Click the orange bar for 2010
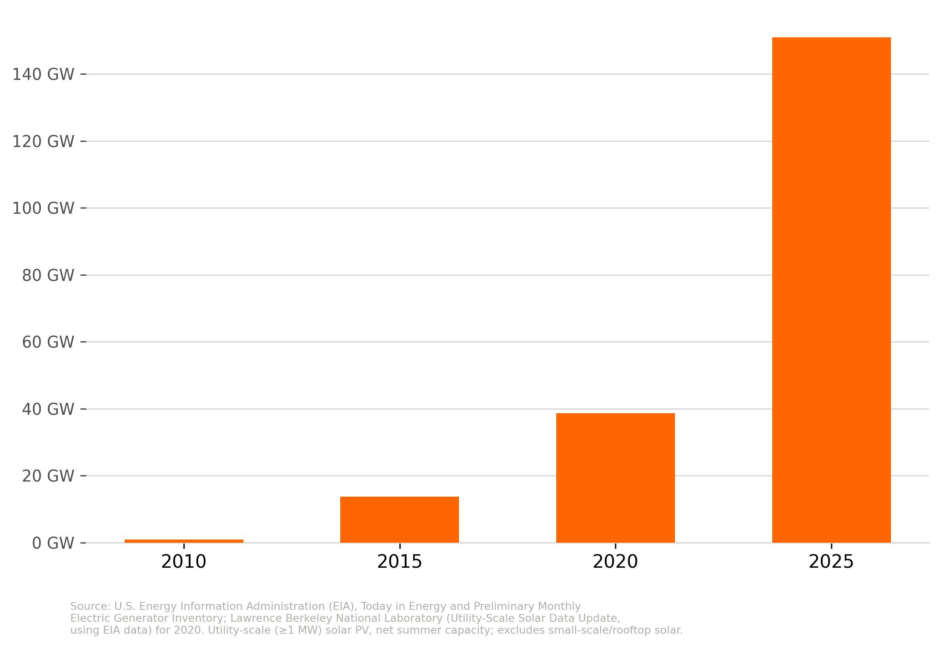[184, 541]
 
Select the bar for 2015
[400, 520]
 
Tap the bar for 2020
[615, 478]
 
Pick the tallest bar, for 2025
[831, 290]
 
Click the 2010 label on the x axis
[184, 562]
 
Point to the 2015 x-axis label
[400, 562]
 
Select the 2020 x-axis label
[615, 562]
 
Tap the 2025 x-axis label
[831, 562]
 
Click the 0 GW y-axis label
[53, 543]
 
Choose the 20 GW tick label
[48, 476]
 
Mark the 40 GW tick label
[48, 409]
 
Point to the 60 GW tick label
[48, 342]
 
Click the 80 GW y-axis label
[48, 275]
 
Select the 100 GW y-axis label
[43, 208]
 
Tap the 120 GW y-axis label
[43, 142]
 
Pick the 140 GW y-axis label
[43, 74]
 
